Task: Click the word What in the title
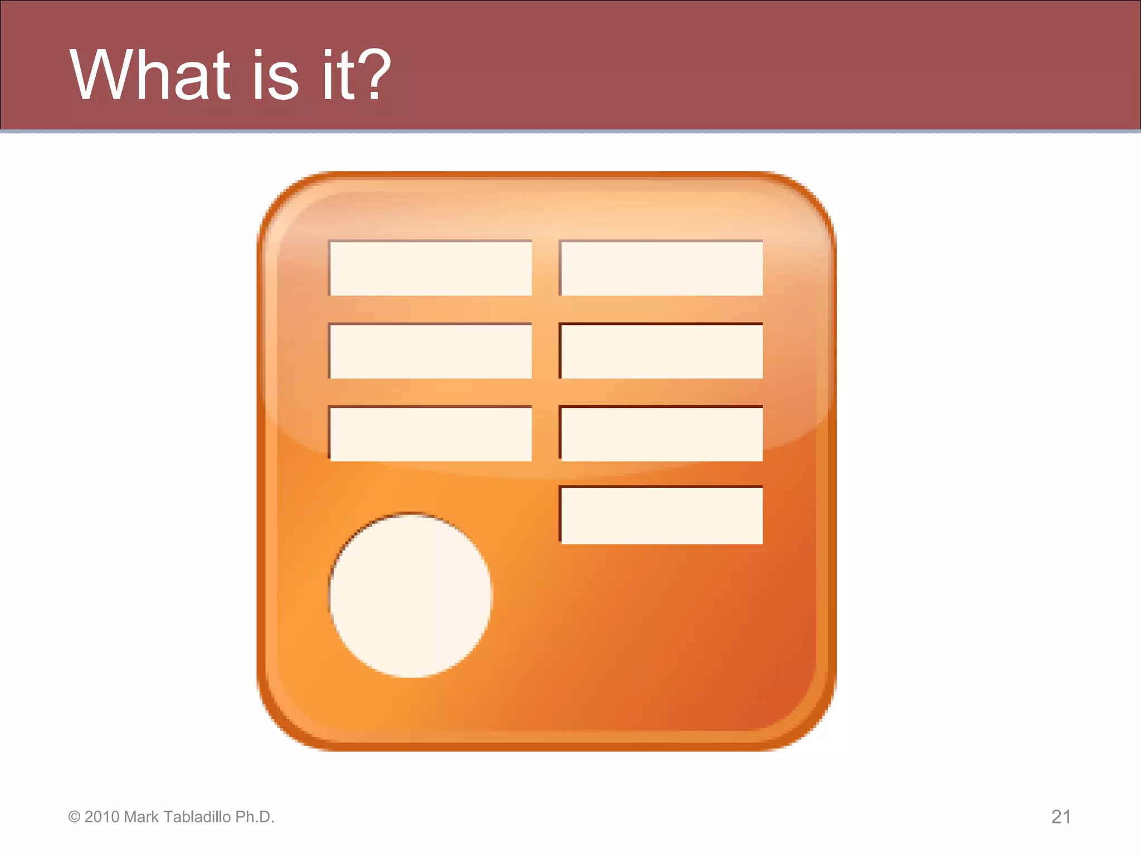149,75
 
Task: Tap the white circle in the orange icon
411,595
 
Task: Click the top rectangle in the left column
431,268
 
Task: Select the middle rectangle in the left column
431,351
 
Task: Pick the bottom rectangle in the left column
431,434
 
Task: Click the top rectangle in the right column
661,268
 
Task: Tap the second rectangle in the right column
661,351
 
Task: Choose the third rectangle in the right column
661,434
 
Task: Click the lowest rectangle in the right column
661,515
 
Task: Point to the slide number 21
1061,817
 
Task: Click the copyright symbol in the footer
74,817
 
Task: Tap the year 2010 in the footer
102,817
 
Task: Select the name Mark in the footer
142,817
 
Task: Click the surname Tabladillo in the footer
197,817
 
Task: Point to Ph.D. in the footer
255,817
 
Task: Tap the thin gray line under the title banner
570,132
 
